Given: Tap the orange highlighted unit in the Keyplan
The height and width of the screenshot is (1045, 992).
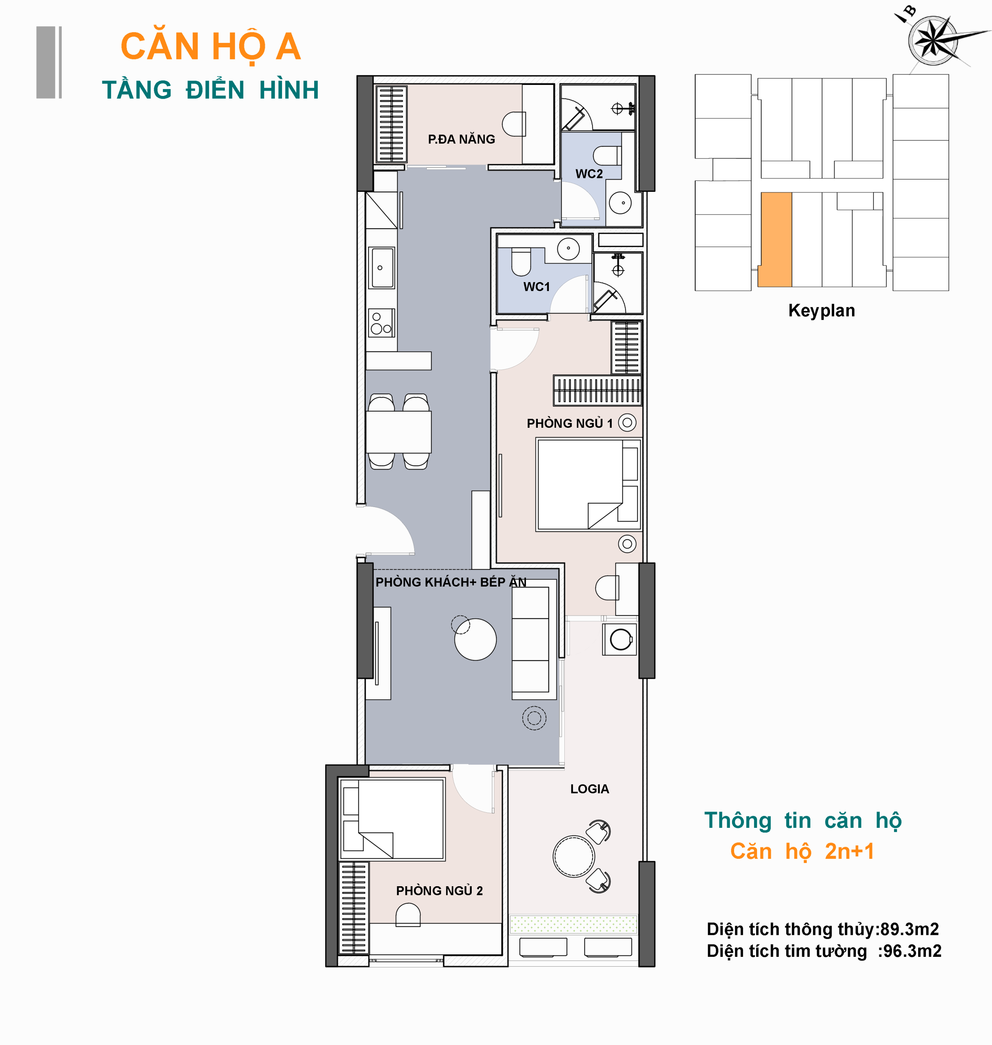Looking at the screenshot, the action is pos(775,240).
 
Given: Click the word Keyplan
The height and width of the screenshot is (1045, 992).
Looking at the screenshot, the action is pos(821,310).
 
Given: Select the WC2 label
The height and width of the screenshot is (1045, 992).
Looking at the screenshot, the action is pos(589,174).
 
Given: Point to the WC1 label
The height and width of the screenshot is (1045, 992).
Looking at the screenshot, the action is pos(537,287).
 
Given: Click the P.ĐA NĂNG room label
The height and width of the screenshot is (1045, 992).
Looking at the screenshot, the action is pos(461,139).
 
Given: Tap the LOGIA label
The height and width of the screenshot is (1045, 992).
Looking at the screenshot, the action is pos(590,789).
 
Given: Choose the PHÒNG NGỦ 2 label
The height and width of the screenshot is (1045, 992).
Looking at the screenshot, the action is pos(439,891).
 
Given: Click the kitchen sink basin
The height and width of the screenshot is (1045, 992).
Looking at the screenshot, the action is pos(382,268).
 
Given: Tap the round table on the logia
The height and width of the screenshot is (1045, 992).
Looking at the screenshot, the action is pos(574,856).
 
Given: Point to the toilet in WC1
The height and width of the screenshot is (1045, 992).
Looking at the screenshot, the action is pos(522,262).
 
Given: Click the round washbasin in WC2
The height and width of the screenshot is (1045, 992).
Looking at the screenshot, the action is pos(620,203).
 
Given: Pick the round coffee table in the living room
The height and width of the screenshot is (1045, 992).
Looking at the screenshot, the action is pos(475,639).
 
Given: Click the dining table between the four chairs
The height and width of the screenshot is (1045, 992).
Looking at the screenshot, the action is pos(399,432).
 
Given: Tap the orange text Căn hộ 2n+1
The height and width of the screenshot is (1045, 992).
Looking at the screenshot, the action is pos(802,852).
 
